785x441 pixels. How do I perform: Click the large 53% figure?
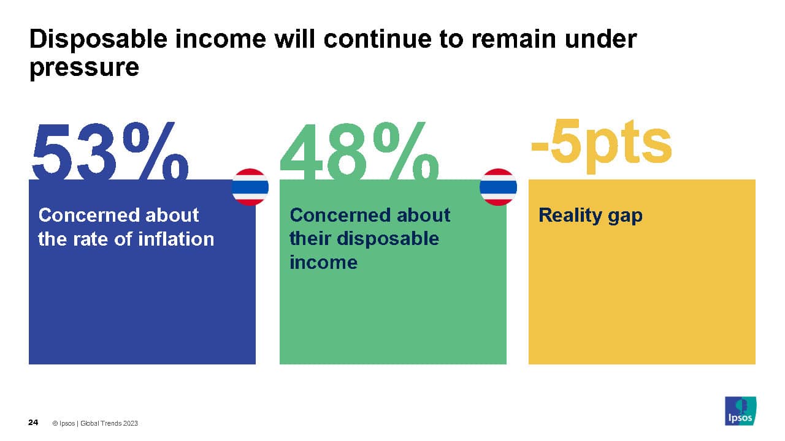tap(110, 151)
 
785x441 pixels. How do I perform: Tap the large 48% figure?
tap(359, 151)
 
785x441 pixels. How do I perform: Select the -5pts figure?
tap(602, 146)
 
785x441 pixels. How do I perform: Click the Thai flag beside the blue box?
tap(250, 187)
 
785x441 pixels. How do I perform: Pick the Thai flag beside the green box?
tap(498, 187)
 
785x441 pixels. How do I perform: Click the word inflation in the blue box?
tap(176, 239)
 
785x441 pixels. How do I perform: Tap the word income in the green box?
tap(323, 262)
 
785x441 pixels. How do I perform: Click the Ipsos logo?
tap(740, 411)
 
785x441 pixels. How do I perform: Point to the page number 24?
tap(33, 423)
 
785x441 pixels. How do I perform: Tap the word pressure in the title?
tap(84, 68)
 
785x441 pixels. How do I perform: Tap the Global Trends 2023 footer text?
tap(109, 423)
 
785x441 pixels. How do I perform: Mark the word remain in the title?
tap(513, 39)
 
